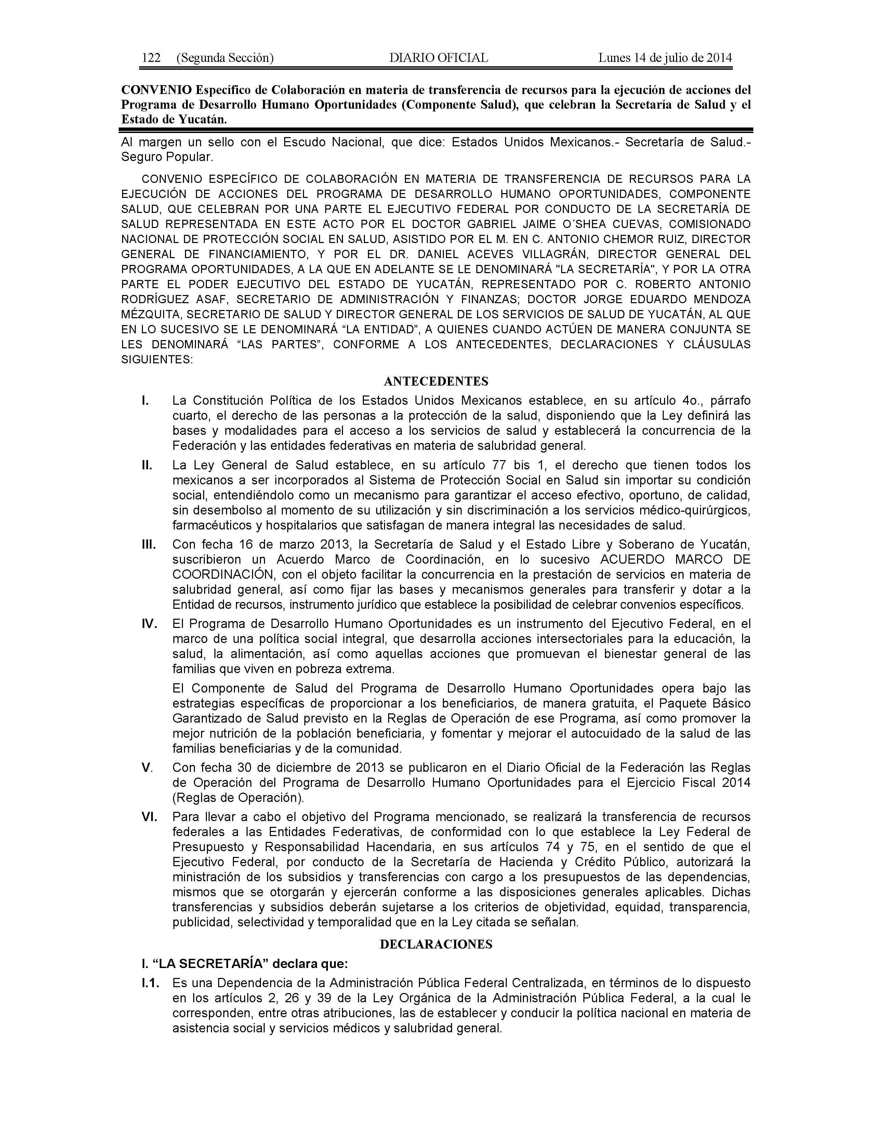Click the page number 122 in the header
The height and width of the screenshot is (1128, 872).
[x=151, y=58]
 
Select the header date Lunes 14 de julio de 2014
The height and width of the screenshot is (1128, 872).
[x=665, y=58]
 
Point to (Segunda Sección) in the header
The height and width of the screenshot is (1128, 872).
[x=225, y=58]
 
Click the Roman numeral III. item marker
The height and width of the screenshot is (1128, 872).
[x=149, y=545]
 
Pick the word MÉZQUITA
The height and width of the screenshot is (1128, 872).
[x=150, y=314]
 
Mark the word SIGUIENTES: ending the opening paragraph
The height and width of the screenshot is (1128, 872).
[x=157, y=360]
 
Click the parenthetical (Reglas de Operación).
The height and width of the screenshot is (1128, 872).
[x=238, y=797]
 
